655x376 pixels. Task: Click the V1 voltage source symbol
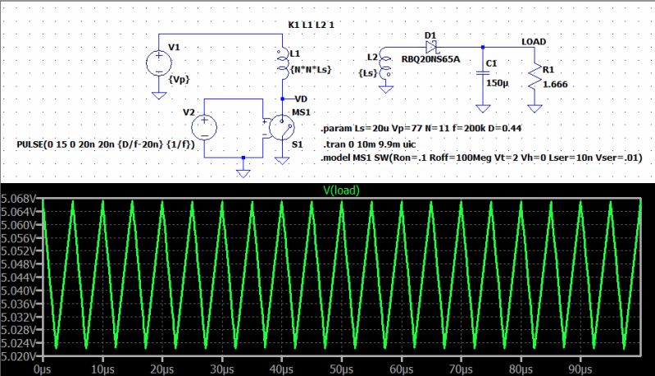tap(158, 62)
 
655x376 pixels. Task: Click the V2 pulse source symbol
tap(204, 127)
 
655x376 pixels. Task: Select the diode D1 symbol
tap(431, 47)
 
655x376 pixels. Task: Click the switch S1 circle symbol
tap(284, 128)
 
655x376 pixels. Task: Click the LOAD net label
tap(534, 41)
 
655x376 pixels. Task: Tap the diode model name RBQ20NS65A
tap(430, 59)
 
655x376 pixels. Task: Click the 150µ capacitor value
tap(498, 84)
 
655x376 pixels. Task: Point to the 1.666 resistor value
tap(555, 84)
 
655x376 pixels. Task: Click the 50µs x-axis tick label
tap(340, 369)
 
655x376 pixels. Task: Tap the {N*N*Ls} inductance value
tap(312, 71)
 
